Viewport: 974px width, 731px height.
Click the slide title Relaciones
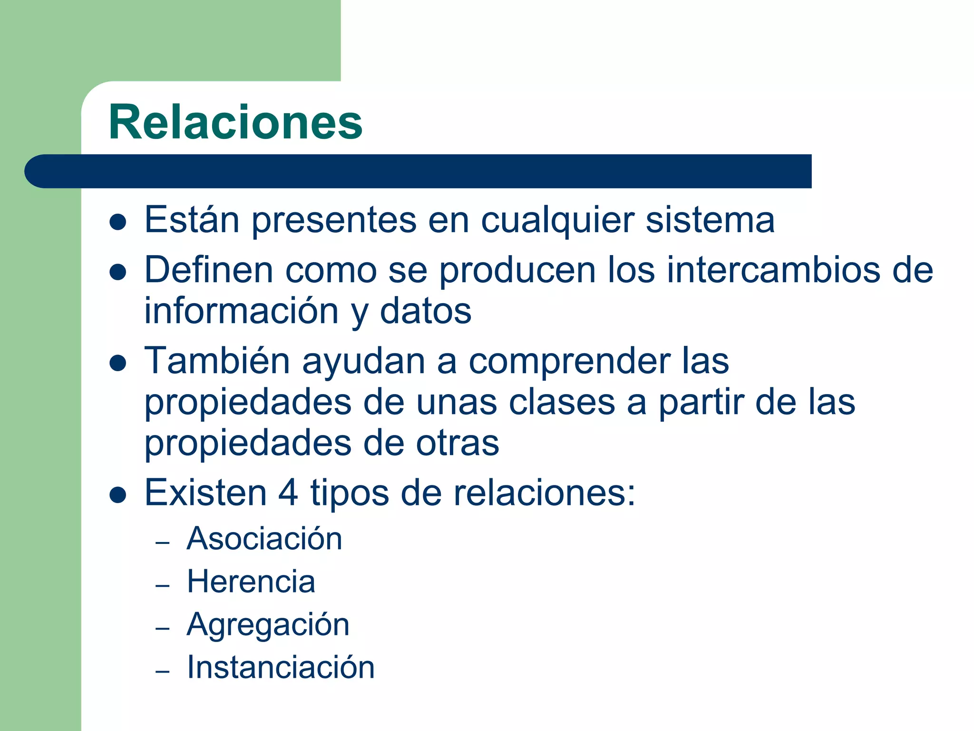[235, 122]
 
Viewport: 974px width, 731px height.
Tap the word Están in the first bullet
[192, 220]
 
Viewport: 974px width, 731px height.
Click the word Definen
[209, 270]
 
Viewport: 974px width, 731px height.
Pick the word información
[241, 311]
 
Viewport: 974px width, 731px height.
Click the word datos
[425, 311]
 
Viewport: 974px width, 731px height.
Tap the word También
[217, 361]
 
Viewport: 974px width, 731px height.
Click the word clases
[562, 402]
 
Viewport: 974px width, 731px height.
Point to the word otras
[458, 443]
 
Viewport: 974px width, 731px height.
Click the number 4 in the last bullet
[288, 493]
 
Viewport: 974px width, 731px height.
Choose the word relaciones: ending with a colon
[544, 493]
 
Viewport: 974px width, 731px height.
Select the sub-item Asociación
[264, 539]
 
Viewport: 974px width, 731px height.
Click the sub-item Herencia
[251, 582]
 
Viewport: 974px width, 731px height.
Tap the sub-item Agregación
[268, 624]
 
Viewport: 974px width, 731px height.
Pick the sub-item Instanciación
[281, 667]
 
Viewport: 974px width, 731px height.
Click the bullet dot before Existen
[117, 495]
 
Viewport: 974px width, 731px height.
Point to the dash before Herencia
[163, 585]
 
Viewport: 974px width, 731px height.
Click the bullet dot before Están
[117, 222]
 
